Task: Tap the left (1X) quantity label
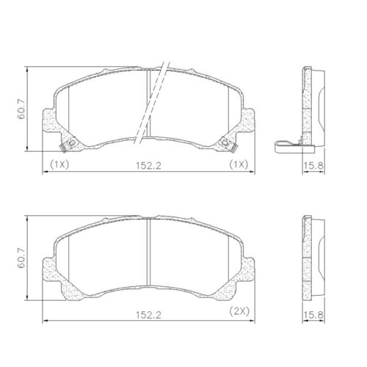coord(59,165)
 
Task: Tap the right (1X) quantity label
coord(239,165)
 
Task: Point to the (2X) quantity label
coord(239,313)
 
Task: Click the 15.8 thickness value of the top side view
coord(314,166)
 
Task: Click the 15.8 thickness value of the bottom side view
coord(314,314)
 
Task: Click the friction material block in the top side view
coord(317,110)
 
